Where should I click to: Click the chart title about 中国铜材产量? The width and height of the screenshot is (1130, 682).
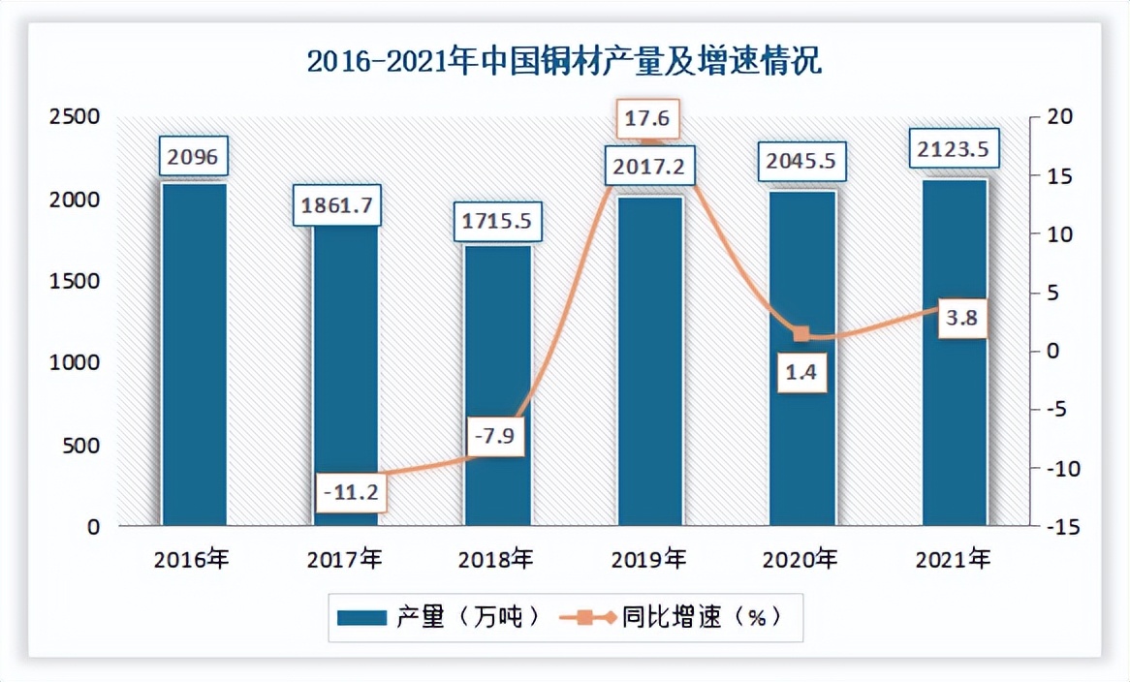click(564, 62)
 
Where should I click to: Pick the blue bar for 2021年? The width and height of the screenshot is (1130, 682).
click(954, 353)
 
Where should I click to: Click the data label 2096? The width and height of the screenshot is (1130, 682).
click(194, 156)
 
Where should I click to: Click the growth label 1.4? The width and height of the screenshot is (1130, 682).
click(801, 372)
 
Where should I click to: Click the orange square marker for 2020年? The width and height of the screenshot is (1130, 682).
click(801, 334)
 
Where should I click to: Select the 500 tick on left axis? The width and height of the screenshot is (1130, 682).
click(81, 446)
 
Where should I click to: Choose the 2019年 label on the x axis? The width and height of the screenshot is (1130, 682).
click(649, 559)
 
